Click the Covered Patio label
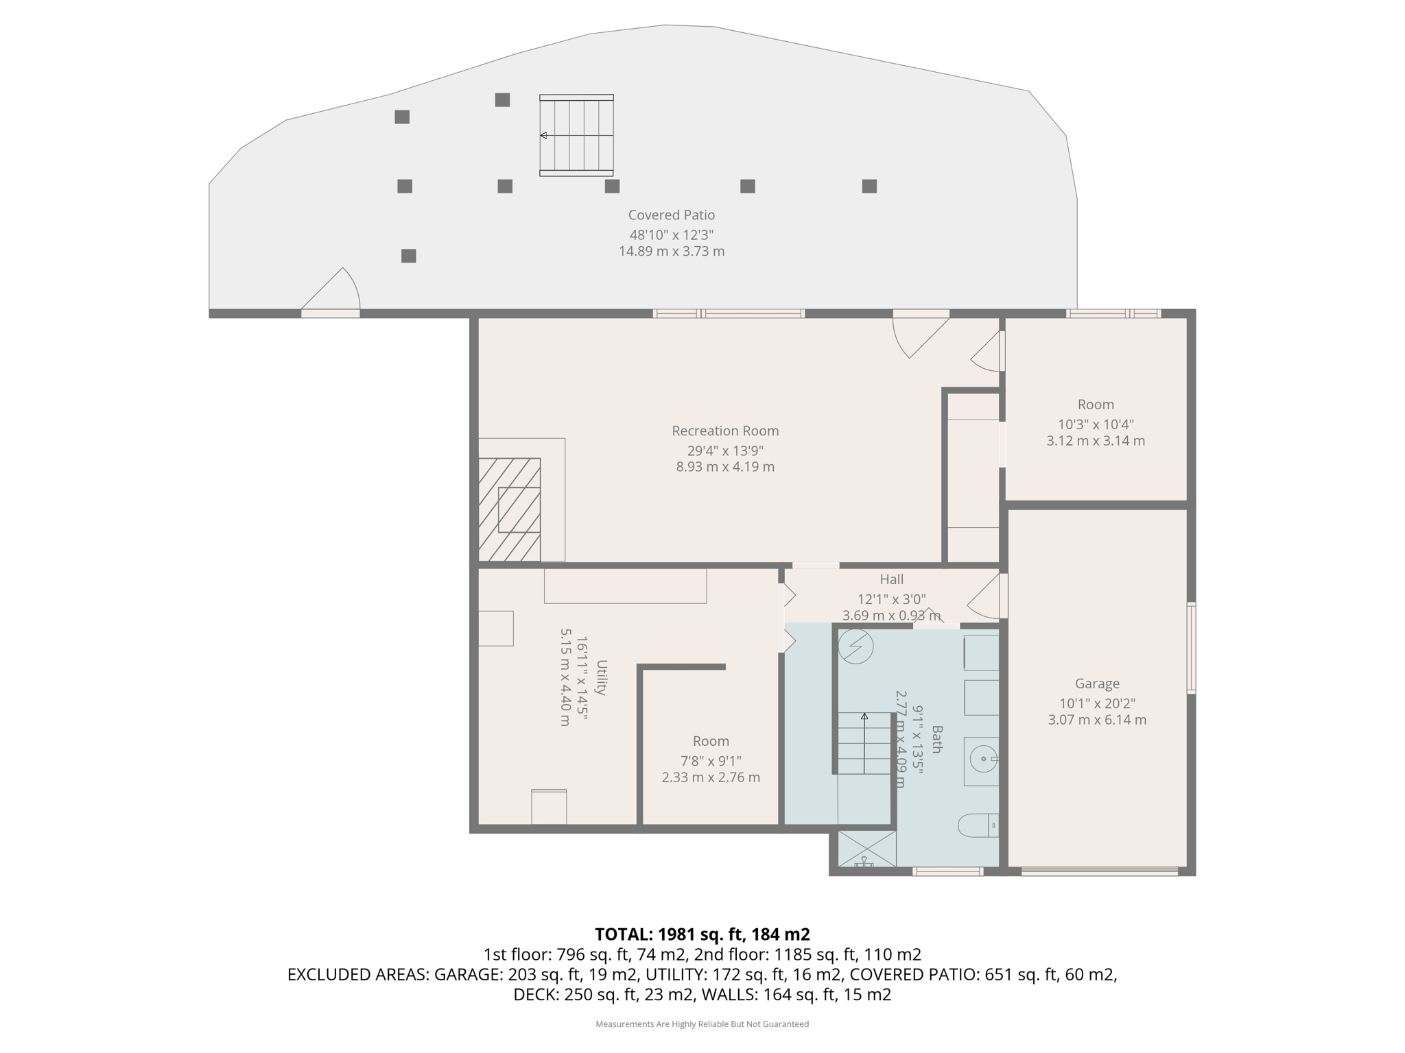click(671, 215)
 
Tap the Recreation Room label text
click(725, 431)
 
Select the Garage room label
click(1097, 683)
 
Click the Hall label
click(891, 580)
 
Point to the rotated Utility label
click(602, 677)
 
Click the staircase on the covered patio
click(576, 136)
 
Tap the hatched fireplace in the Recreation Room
click(510, 509)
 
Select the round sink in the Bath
click(983, 759)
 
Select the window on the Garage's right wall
click(1191, 648)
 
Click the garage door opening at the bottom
click(1099, 872)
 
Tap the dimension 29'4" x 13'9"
click(725, 451)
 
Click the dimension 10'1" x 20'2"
click(1097, 703)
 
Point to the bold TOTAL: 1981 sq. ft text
click(702, 934)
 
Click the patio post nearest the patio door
click(408, 256)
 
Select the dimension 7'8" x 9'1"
click(711, 761)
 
